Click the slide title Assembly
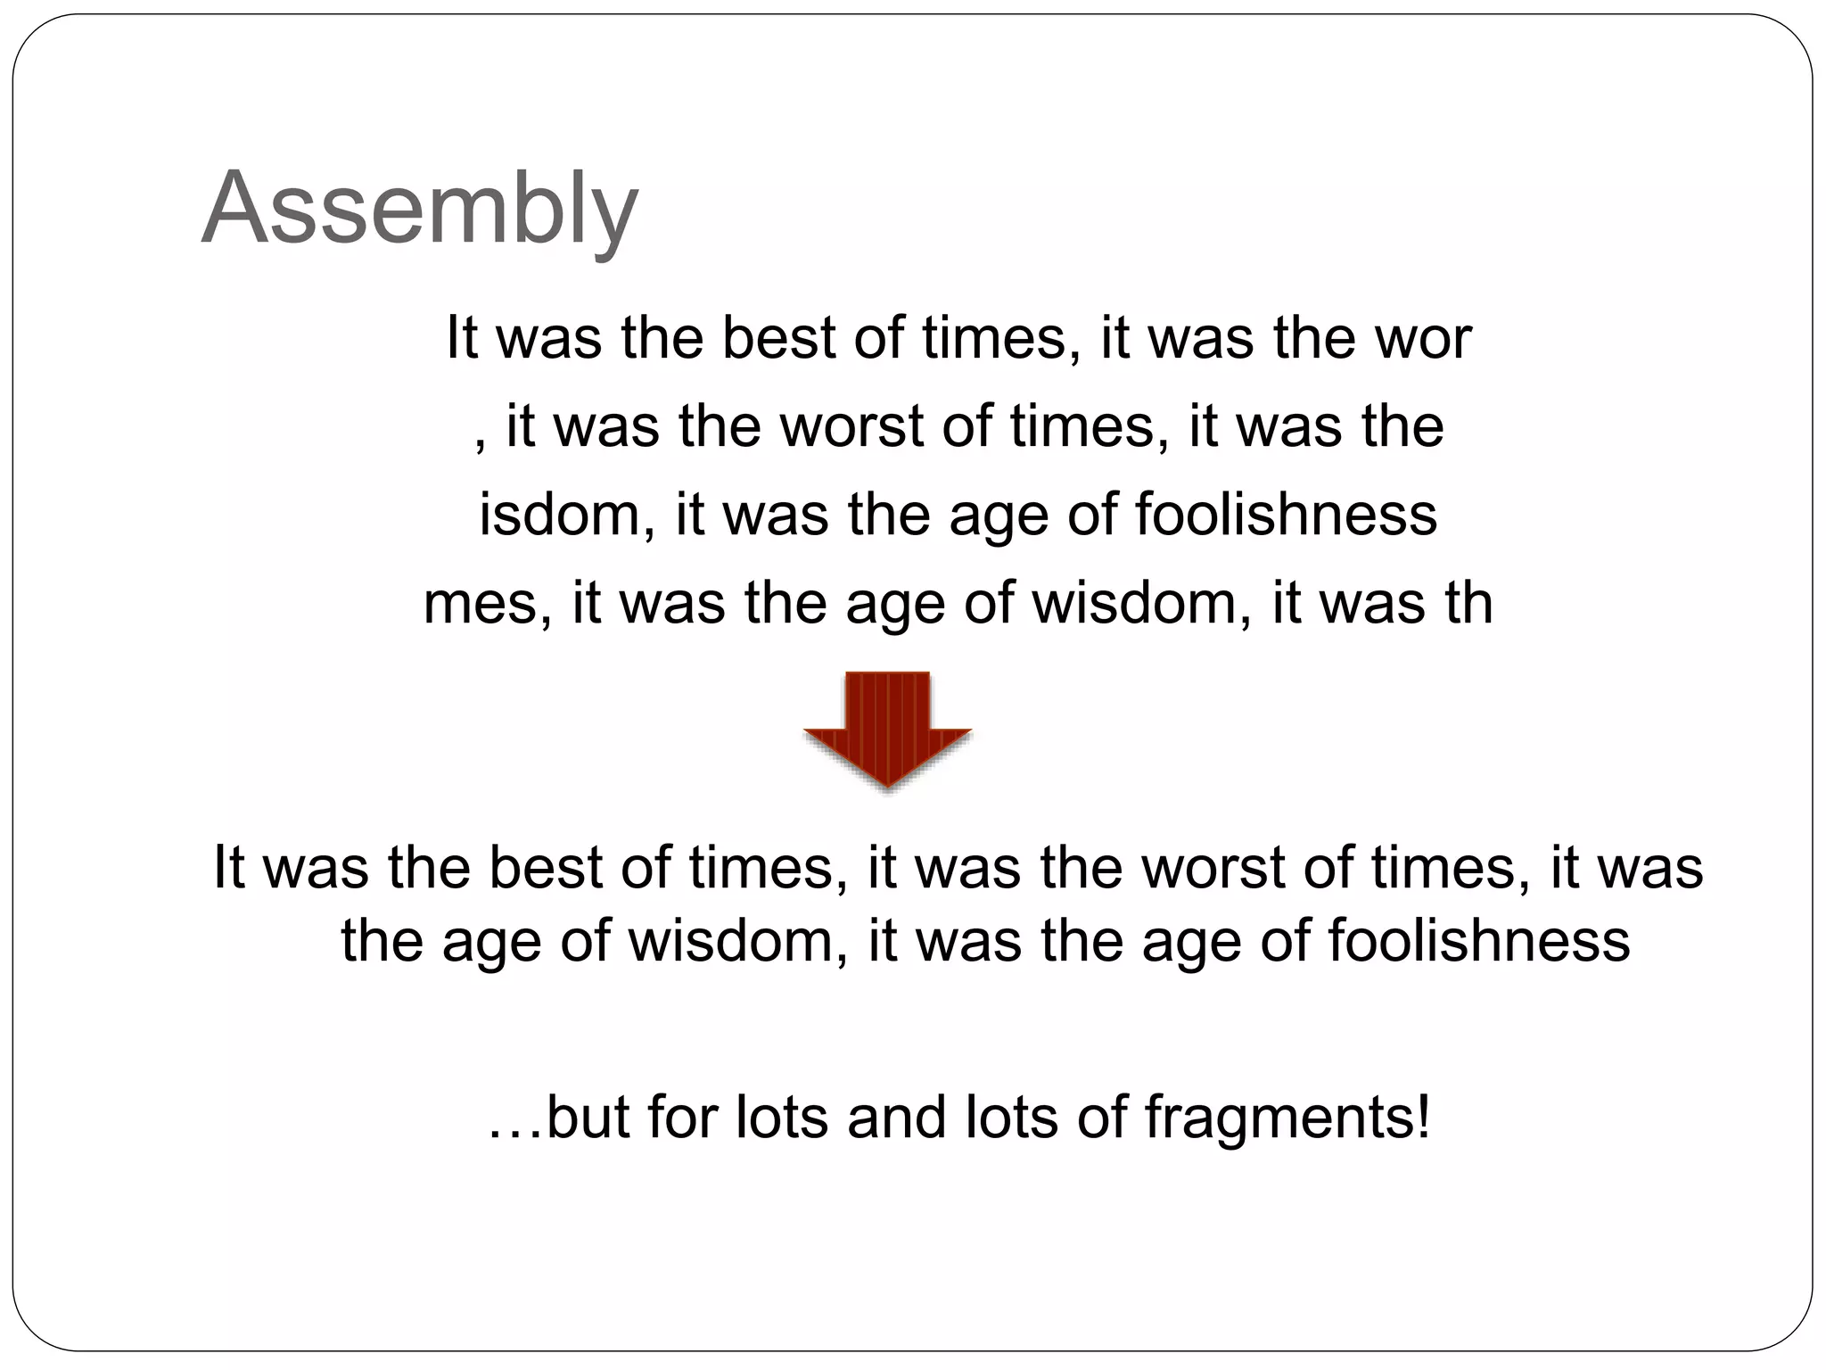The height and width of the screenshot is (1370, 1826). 420,209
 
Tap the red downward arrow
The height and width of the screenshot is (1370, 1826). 887,730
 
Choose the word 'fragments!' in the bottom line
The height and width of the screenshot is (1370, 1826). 1287,1117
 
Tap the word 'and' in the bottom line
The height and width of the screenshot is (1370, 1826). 896,1117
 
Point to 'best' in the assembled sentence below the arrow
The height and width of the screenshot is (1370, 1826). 546,867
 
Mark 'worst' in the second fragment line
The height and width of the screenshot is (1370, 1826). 851,426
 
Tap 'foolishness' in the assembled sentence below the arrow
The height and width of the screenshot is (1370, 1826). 1479,940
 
